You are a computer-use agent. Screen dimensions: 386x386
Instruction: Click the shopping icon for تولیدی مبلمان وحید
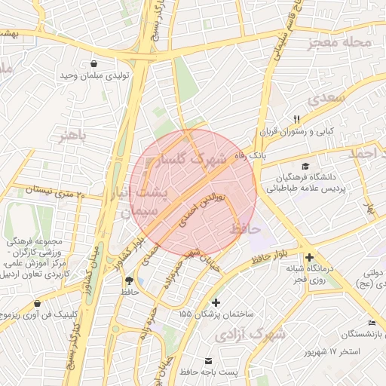pyautogui.click(x=93, y=63)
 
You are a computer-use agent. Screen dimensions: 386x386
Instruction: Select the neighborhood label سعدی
pyautogui.click(x=326, y=97)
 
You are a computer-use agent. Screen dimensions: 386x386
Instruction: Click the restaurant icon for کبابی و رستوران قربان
pyautogui.click(x=296, y=119)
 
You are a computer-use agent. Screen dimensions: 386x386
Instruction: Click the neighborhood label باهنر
pyautogui.click(x=68, y=136)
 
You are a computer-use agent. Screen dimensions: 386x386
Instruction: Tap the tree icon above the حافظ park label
pyautogui.click(x=129, y=280)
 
